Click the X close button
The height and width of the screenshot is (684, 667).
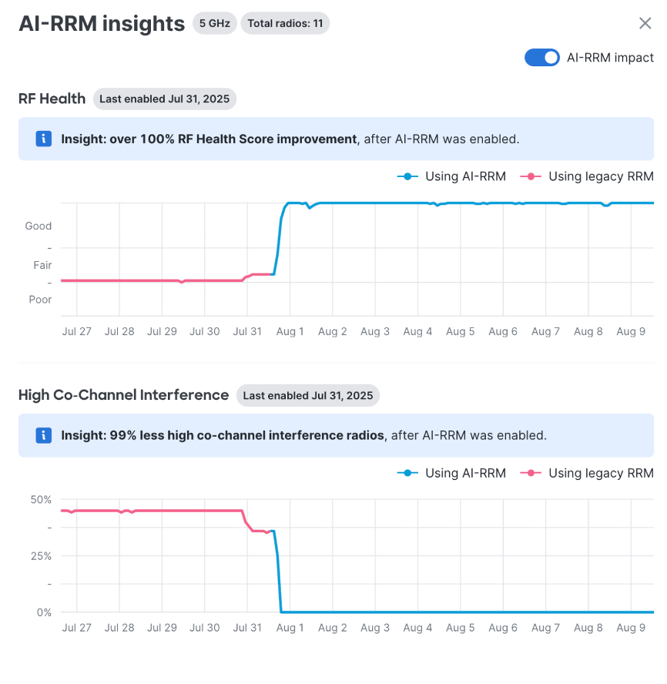tap(645, 23)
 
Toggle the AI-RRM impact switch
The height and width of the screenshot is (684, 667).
tap(542, 58)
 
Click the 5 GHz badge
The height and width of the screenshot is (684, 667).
tap(214, 23)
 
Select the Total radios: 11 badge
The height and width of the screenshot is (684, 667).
tap(285, 23)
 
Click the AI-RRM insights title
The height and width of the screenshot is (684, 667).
tap(102, 24)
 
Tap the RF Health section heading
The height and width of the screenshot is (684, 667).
tap(52, 99)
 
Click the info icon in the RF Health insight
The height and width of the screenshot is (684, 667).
tap(44, 139)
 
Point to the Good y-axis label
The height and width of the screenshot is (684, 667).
tap(39, 226)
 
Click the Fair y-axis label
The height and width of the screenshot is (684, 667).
tap(42, 265)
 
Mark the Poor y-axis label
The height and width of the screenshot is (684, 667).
tap(40, 300)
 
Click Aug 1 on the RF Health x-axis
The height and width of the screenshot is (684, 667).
tap(290, 331)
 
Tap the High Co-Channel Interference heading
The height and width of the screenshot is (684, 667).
tap(123, 395)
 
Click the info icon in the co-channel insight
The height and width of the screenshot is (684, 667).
tap(44, 435)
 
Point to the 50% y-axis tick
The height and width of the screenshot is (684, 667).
tap(40, 499)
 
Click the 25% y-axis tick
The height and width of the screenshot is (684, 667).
tap(40, 555)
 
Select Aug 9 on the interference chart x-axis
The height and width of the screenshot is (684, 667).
tap(631, 628)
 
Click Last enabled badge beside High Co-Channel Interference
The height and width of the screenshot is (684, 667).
tap(308, 395)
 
